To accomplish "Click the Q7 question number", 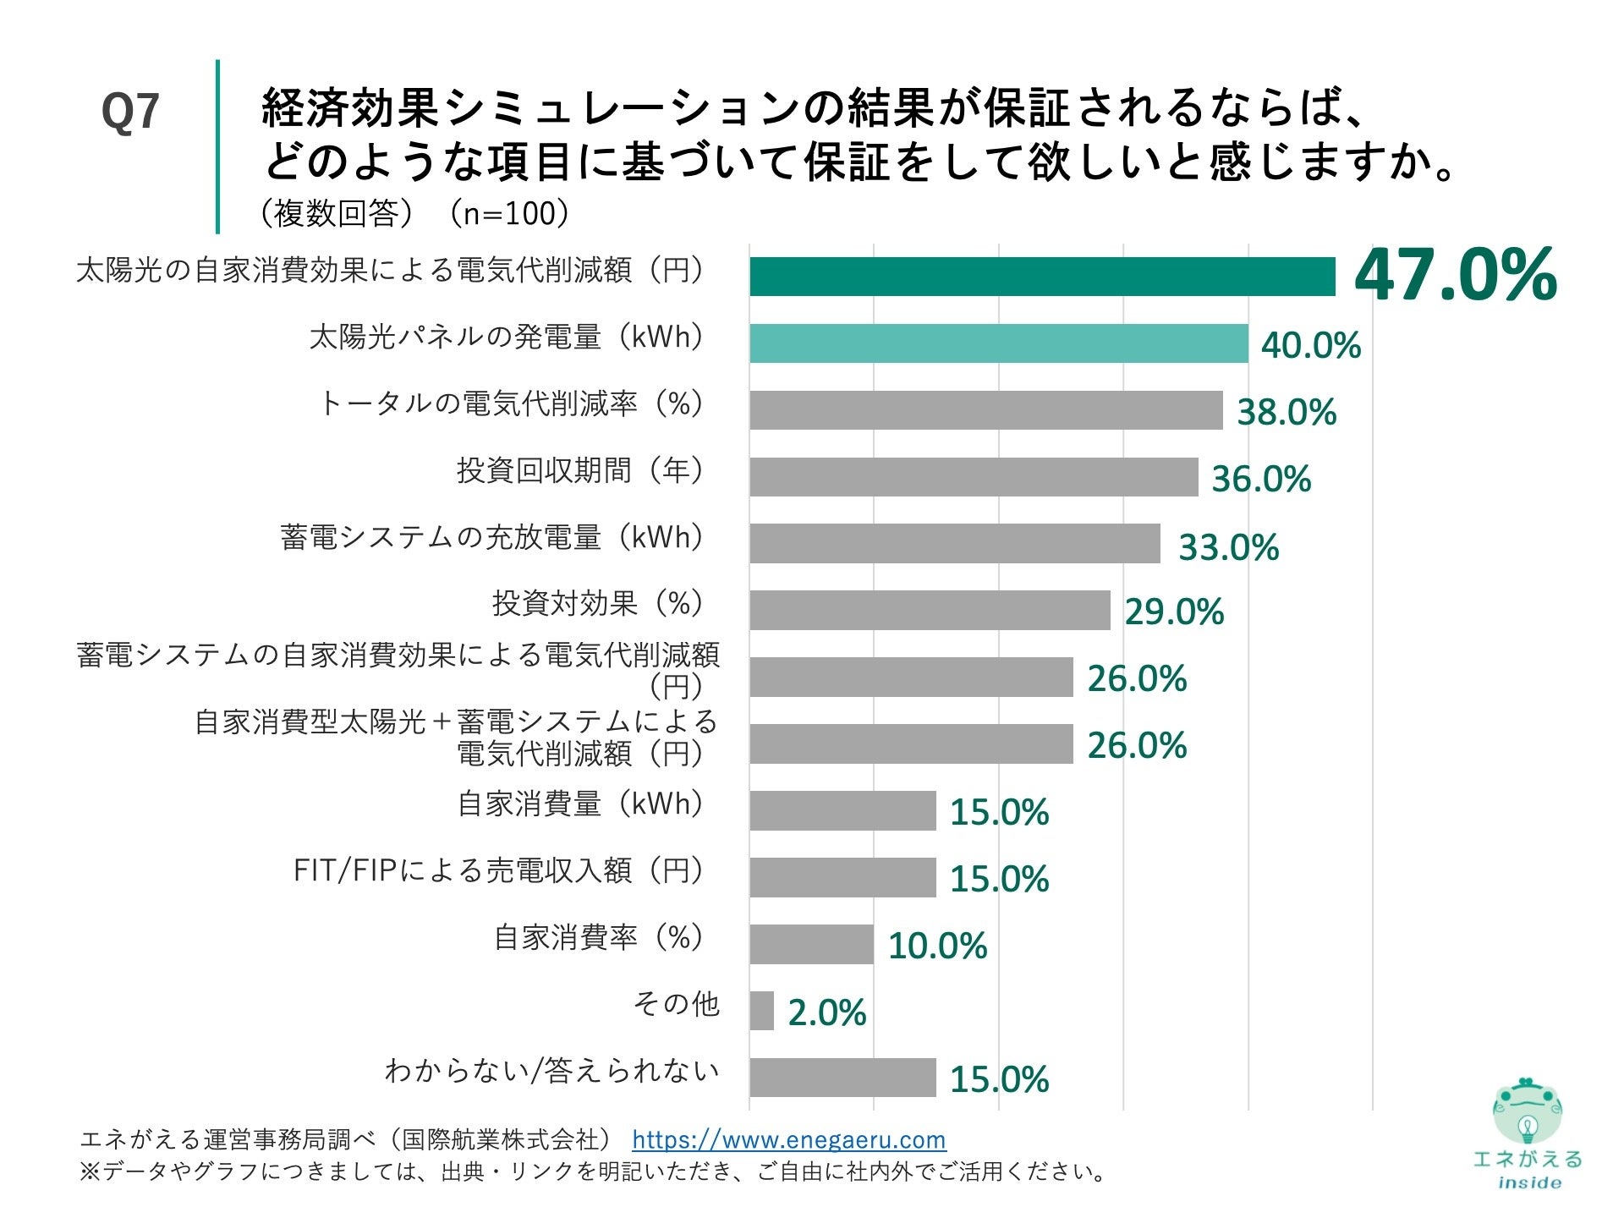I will [130, 112].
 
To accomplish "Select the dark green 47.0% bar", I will [1041, 277].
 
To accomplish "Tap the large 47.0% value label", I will [1455, 274].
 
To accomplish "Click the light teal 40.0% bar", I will [998, 343].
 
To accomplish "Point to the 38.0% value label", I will [1286, 413].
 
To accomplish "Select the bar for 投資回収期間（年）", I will [973, 477].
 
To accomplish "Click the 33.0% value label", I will [1228, 547].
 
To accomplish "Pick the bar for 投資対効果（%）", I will [929, 611].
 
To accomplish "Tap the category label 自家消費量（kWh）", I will [580, 804].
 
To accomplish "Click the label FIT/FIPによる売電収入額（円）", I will [498, 870].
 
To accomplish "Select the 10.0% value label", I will [937, 946].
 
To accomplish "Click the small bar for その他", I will [761, 1011].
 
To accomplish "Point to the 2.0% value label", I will [826, 1012].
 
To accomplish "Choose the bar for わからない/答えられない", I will [842, 1078].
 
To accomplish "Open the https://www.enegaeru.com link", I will [788, 1140].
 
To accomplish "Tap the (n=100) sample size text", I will [509, 213].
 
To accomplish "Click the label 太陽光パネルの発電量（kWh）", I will [506, 337].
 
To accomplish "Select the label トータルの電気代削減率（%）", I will [511, 403].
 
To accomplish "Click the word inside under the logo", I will [1528, 1183].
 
